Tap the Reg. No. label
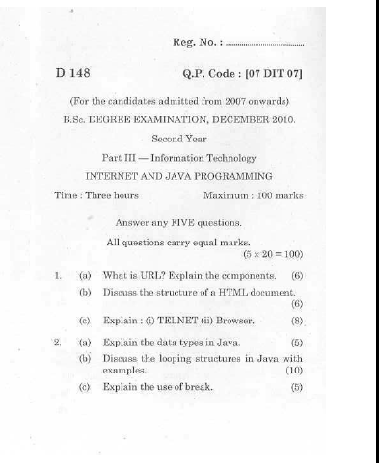click(x=202, y=42)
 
